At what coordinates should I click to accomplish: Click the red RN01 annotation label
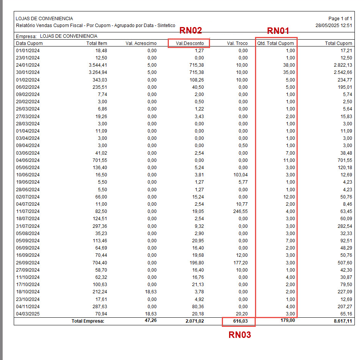[x=278, y=31]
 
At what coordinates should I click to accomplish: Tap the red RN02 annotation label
[x=191, y=30]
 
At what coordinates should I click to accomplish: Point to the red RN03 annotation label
[x=240, y=335]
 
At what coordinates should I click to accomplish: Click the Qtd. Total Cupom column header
[x=276, y=43]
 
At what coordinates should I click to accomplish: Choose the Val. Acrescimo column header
[x=141, y=43]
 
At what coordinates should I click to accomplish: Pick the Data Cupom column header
[x=29, y=43]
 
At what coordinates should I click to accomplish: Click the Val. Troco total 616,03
[x=239, y=322]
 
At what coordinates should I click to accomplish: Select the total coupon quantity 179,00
[x=288, y=321]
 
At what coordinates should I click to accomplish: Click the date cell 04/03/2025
[x=28, y=314]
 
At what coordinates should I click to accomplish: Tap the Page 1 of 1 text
[x=340, y=19]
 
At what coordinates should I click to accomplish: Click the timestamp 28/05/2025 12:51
[x=334, y=26]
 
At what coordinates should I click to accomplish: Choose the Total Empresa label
[x=88, y=321]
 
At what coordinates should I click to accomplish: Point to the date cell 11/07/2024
[x=28, y=211]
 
